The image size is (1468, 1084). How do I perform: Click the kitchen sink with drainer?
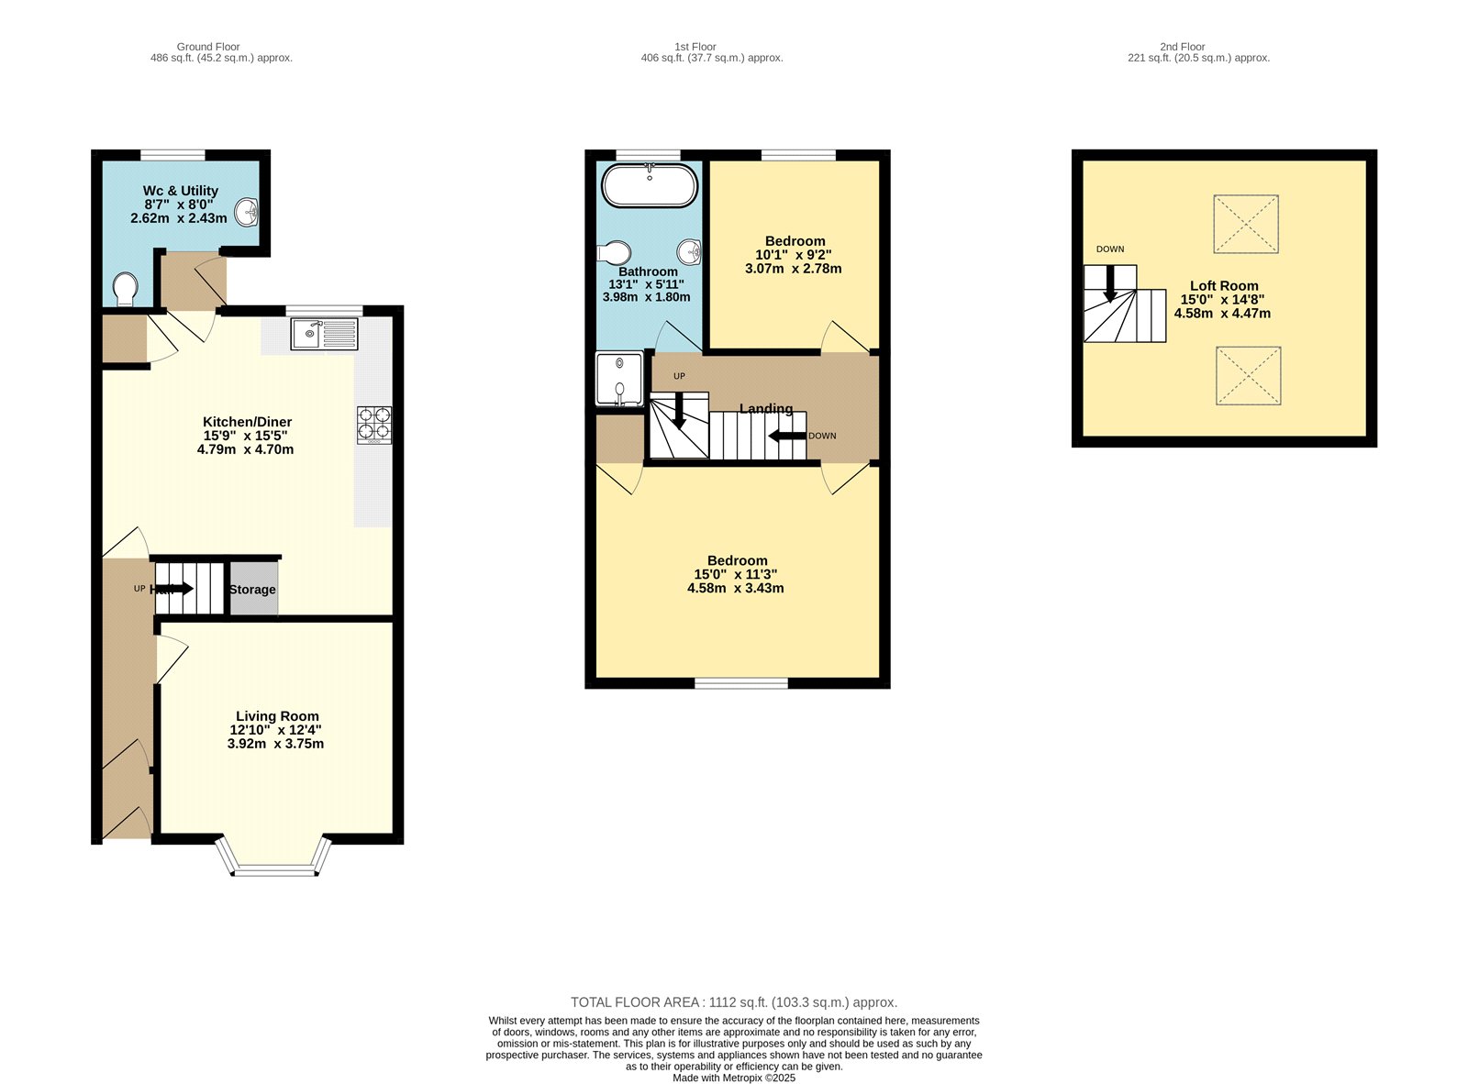(324, 334)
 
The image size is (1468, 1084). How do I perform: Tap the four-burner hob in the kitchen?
(374, 426)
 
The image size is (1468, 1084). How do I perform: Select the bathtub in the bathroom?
(650, 186)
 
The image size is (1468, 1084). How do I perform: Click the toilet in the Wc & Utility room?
(126, 290)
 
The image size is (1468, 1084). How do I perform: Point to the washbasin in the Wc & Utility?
(248, 213)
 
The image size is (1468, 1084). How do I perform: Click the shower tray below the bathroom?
(619, 378)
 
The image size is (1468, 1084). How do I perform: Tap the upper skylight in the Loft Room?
(1245, 224)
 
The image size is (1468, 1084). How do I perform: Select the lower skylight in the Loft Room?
(1248, 375)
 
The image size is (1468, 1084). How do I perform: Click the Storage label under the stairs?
(252, 590)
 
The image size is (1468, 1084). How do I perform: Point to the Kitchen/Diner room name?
(247, 422)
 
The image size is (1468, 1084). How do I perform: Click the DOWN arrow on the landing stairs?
(786, 436)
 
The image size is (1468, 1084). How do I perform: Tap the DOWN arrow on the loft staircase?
(1110, 283)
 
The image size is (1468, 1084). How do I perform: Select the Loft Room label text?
(1224, 286)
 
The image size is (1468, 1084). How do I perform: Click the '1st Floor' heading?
(695, 47)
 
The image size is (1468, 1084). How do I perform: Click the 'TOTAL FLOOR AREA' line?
(733, 1002)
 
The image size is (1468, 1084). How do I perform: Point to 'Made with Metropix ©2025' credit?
(733, 1078)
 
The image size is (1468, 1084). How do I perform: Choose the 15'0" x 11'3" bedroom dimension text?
(735, 574)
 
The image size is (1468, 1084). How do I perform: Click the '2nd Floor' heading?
(1182, 47)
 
